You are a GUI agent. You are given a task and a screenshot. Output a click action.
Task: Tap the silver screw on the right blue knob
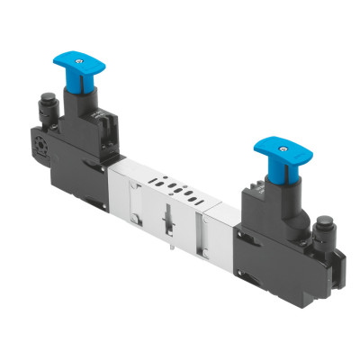[275, 141]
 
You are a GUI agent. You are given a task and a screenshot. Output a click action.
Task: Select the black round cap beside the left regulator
[48, 112]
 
